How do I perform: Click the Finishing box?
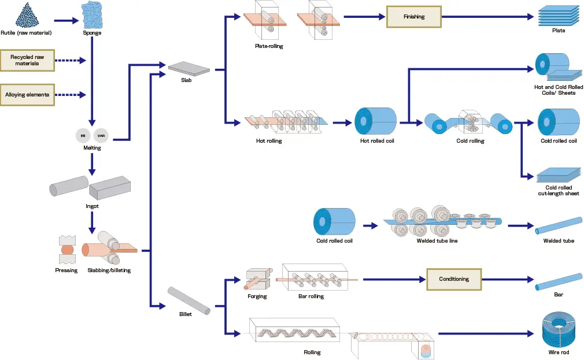point(413,17)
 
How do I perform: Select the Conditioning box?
point(454,279)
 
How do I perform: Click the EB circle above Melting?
point(83,135)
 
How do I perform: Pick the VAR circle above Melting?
point(101,135)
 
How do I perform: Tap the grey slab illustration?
point(189,68)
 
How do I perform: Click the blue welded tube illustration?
point(559,225)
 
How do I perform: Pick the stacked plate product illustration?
point(558,15)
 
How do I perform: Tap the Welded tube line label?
point(437,240)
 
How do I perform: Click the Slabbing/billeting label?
point(109,270)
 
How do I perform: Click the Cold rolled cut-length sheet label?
point(559,191)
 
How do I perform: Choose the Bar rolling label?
point(312,296)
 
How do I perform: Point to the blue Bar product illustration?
point(559,281)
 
